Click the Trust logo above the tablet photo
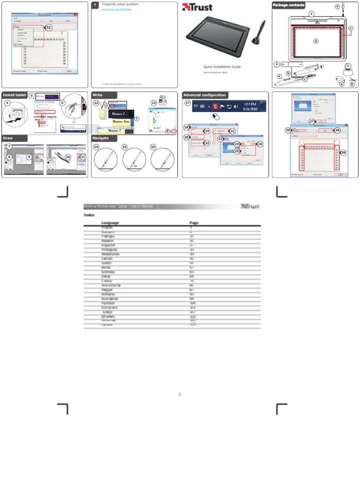tap(197, 7)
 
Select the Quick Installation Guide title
tap(222, 67)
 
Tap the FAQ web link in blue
tap(117, 9)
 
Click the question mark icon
tap(95, 5)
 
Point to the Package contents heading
tap(288, 5)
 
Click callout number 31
tap(48, 28)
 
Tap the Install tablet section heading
tap(15, 95)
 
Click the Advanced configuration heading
tap(204, 95)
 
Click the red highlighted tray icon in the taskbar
tap(217, 106)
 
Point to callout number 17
tap(187, 103)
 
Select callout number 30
tap(344, 153)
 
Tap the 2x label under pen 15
tap(135, 166)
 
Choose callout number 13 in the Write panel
tap(153, 103)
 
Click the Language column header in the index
tap(110, 223)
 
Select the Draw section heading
tap(8, 138)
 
